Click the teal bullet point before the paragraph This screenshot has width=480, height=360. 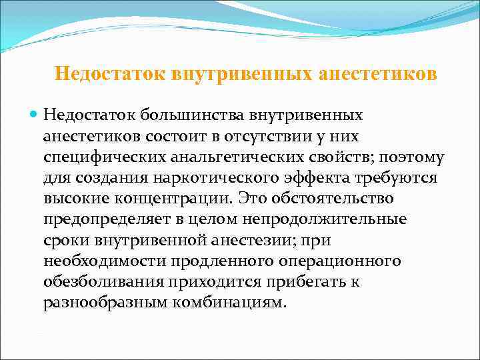click(x=35, y=115)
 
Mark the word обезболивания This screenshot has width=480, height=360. click(x=107, y=281)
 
